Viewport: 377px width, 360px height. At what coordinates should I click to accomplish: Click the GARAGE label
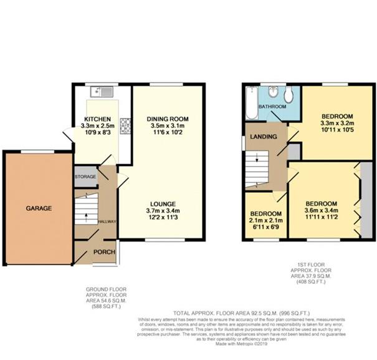39,208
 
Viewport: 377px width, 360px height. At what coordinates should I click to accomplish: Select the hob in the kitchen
124,126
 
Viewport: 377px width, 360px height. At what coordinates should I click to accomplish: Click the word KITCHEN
98,119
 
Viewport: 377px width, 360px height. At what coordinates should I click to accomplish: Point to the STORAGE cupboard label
86,177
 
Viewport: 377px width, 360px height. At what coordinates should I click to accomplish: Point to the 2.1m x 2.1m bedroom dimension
265,220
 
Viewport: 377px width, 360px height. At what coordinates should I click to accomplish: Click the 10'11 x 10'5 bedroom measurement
337,132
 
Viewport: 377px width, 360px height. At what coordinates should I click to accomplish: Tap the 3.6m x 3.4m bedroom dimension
321,212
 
